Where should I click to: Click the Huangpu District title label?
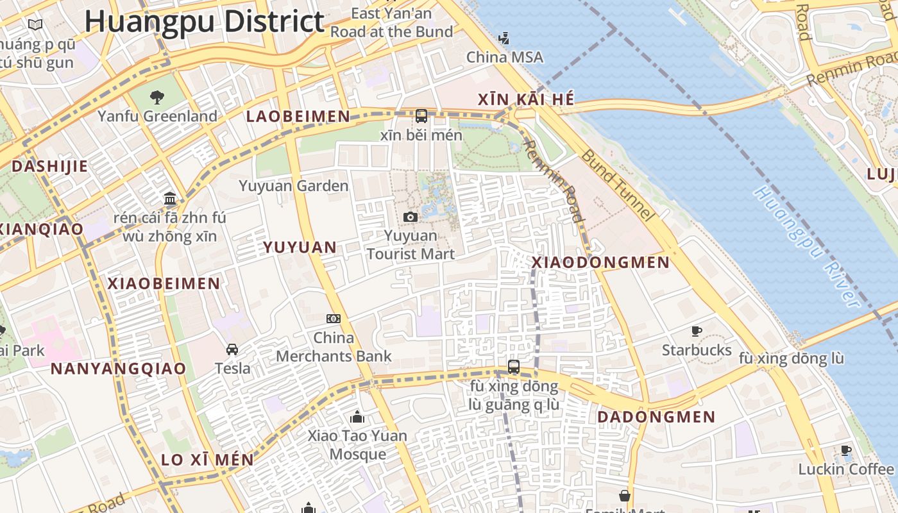pos(204,21)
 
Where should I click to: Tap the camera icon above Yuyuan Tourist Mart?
pos(411,217)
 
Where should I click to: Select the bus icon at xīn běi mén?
pos(421,116)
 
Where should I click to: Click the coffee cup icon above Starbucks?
pos(697,332)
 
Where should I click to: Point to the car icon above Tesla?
pos(232,349)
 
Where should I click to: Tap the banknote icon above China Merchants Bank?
pos(334,319)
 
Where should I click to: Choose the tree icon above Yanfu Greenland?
pos(157,97)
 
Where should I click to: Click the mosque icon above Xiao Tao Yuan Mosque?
pos(357,417)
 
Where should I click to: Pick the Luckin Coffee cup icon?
pos(846,451)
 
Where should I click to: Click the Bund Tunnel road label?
pos(616,186)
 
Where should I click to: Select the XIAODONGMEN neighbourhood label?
pos(600,262)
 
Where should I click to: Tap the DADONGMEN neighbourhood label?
pos(656,417)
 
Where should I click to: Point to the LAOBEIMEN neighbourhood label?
pos(298,117)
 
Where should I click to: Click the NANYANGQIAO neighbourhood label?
pos(118,369)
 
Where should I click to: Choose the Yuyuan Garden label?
pos(294,186)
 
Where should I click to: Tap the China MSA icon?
pos(504,38)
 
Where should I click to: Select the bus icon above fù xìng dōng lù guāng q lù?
pos(513,367)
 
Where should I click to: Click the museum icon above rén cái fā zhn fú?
pos(170,198)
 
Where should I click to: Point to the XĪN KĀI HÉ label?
pos(526,99)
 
